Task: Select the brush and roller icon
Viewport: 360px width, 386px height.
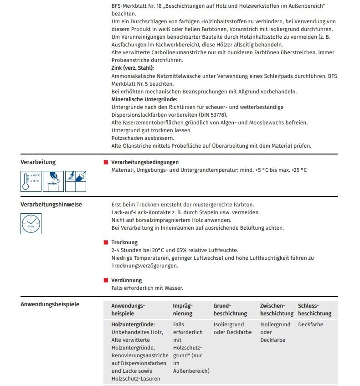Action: point(76,181)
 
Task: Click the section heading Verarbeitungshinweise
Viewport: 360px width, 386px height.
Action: point(51,205)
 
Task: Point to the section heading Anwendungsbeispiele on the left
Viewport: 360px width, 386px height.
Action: point(50,304)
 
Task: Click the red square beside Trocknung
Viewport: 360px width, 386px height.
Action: point(106,242)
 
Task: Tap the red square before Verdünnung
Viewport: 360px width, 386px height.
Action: point(106,280)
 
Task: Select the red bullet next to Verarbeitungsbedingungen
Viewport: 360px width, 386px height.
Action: point(106,162)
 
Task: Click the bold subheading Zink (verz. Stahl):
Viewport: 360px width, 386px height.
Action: point(133,67)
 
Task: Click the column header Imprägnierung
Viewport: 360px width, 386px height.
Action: point(183,309)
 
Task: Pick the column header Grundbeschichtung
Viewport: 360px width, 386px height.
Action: point(230,309)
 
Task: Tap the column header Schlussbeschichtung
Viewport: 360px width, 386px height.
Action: point(314,309)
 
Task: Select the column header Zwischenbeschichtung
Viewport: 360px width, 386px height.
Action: point(276,309)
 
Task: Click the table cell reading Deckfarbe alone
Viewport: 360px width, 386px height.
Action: point(311,324)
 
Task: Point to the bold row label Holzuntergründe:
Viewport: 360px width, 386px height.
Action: point(133,324)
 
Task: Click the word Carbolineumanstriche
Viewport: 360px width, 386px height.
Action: point(161,52)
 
